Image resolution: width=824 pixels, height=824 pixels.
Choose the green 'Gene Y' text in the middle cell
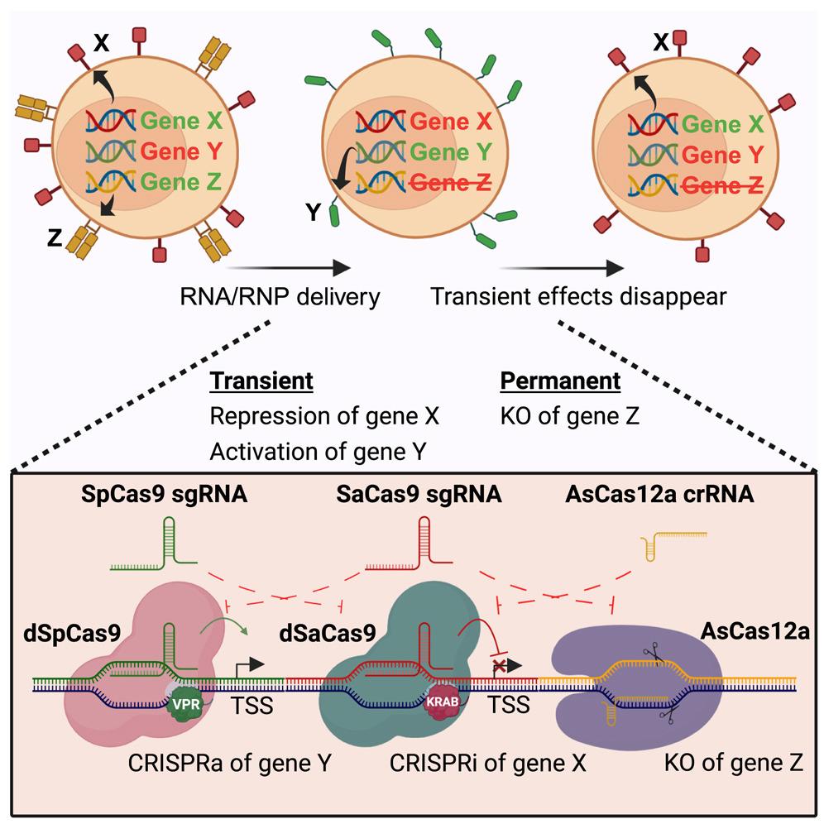tap(451, 154)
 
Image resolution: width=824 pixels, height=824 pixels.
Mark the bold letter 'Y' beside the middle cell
tap(314, 214)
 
